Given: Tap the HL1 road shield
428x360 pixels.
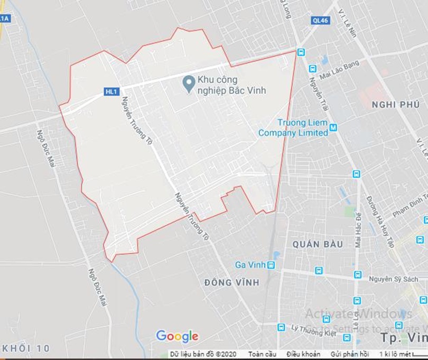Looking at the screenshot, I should click(x=110, y=91).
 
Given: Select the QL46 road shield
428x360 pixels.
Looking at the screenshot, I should click(x=320, y=20).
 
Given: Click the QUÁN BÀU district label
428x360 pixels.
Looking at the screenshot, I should click(x=317, y=244).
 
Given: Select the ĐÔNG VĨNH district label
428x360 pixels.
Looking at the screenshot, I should click(x=231, y=283).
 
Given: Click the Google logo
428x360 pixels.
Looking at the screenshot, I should click(x=177, y=336).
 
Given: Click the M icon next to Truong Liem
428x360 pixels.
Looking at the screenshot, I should click(x=333, y=127).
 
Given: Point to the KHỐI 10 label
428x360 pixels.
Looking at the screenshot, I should click(x=25, y=348).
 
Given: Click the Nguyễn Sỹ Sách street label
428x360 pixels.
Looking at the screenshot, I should click(x=393, y=279).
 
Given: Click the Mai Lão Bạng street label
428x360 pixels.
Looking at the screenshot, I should click(x=339, y=70).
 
